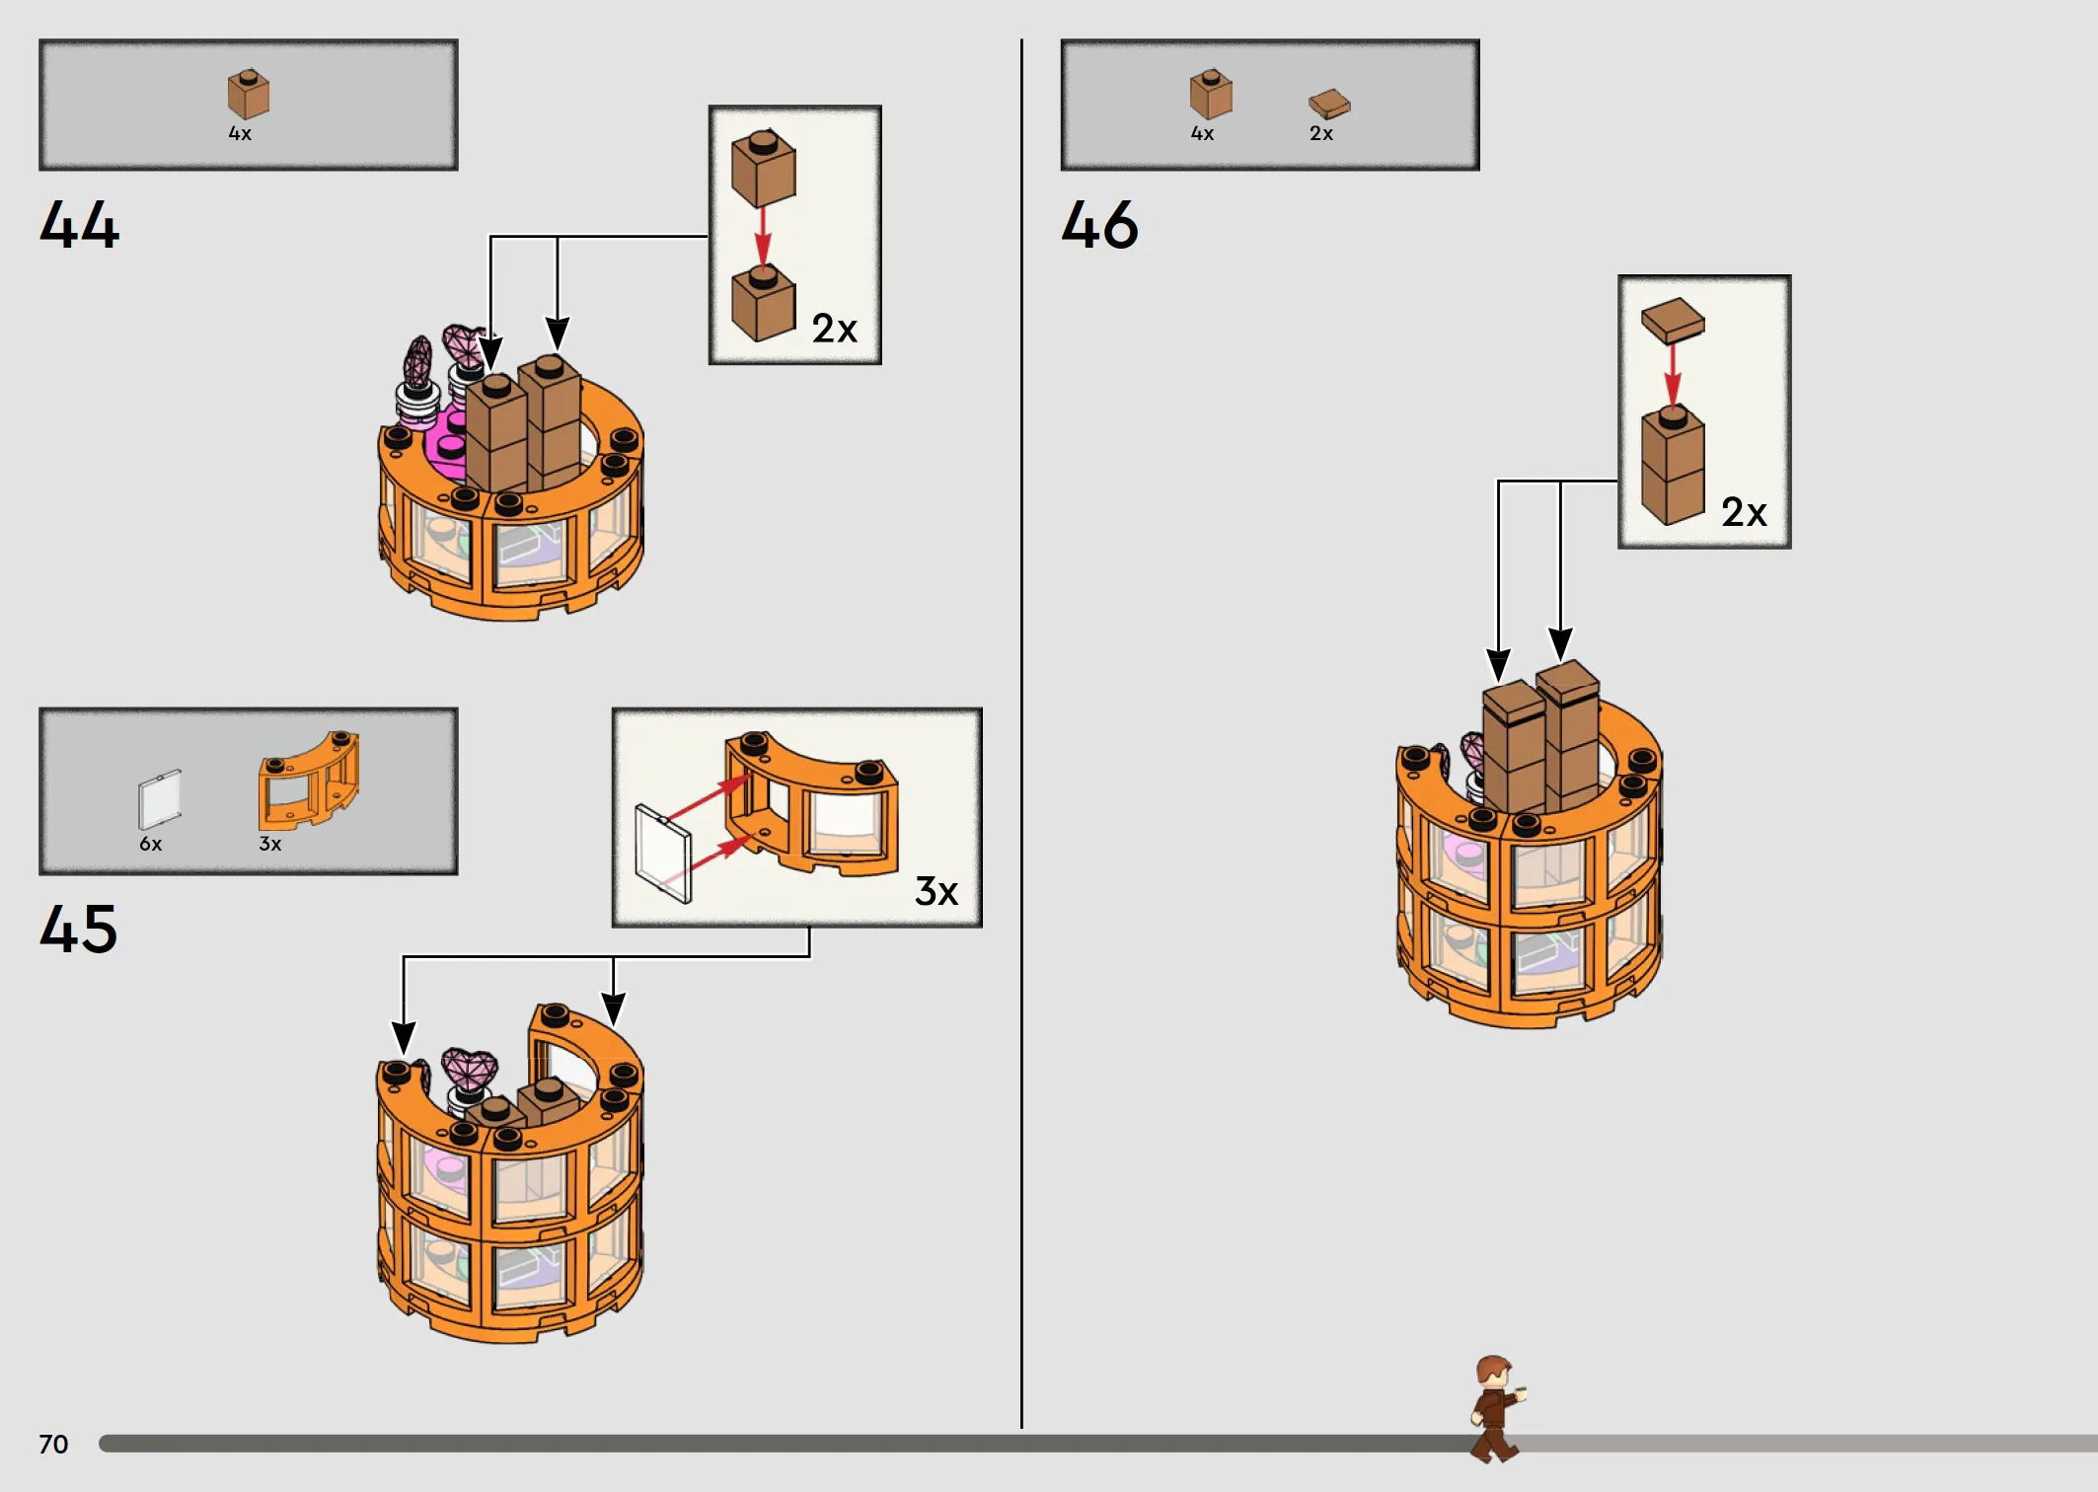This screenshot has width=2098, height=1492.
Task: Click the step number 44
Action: [x=80, y=224]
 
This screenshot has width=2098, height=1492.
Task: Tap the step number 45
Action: [x=79, y=929]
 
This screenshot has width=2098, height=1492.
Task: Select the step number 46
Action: [x=1100, y=224]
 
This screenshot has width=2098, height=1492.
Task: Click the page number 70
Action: [x=53, y=1445]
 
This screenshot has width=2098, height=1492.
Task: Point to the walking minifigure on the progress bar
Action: [x=1496, y=1408]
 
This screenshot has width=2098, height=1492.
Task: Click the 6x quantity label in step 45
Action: [x=150, y=844]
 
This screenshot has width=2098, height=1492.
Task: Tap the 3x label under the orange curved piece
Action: [x=269, y=844]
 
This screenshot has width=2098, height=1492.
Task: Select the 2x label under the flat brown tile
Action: [x=1321, y=133]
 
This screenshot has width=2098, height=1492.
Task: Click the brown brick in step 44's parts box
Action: [x=248, y=94]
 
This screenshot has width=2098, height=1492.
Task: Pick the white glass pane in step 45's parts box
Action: [x=160, y=800]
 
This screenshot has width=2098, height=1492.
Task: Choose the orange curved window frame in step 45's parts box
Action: [x=309, y=781]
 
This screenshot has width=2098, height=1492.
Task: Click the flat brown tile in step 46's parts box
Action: [x=1329, y=104]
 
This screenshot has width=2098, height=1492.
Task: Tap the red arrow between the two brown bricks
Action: [x=762, y=237]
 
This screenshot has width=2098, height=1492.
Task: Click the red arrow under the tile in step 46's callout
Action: [x=1672, y=375]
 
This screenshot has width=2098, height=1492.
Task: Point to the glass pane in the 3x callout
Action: [x=663, y=855]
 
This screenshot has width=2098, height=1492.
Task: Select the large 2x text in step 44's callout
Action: [x=835, y=329]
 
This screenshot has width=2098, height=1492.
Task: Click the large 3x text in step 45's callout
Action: [x=937, y=891]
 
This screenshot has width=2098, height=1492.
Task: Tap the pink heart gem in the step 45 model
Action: [x=470, y=1068]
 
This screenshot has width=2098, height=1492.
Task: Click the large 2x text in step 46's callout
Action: [x=1744, y=512]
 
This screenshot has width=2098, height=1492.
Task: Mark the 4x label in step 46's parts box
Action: [x=1202, y=133]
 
